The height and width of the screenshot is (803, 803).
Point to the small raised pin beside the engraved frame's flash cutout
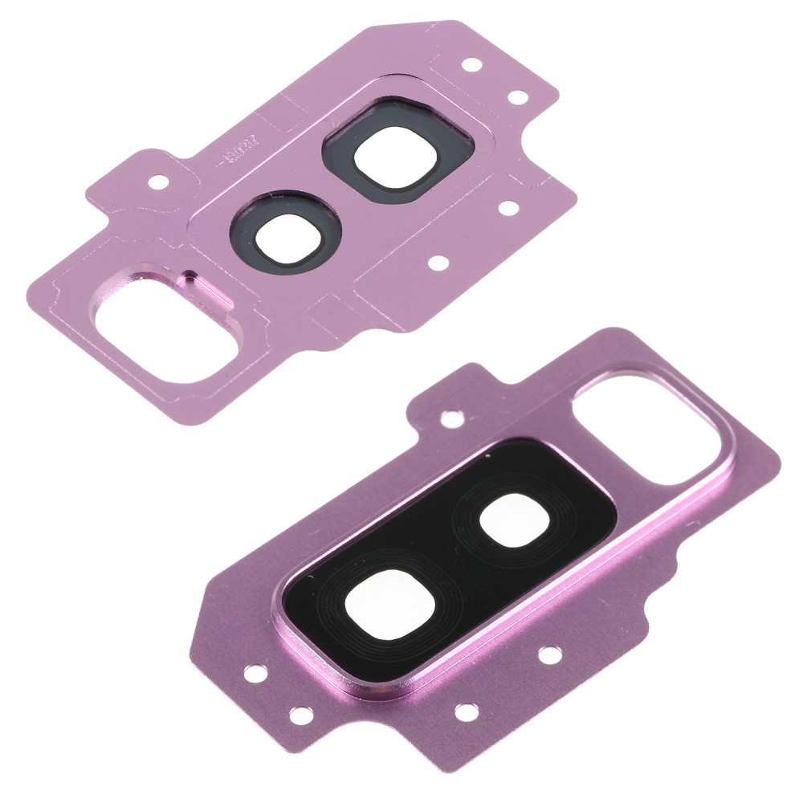(189, 279)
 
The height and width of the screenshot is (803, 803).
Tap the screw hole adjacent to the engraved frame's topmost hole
(520, 98)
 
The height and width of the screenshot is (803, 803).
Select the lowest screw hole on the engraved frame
(438, 262)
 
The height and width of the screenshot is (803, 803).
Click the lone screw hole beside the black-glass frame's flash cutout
(451, 418)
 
